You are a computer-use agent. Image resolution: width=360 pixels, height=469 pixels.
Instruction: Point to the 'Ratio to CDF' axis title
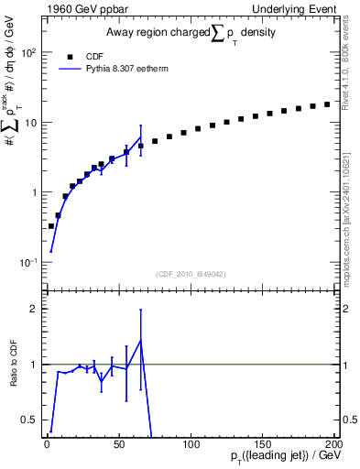[14, 364]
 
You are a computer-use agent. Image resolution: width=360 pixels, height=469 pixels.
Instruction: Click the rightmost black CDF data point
[327, 104]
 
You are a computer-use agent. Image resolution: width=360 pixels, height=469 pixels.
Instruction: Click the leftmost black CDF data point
[50, 225]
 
